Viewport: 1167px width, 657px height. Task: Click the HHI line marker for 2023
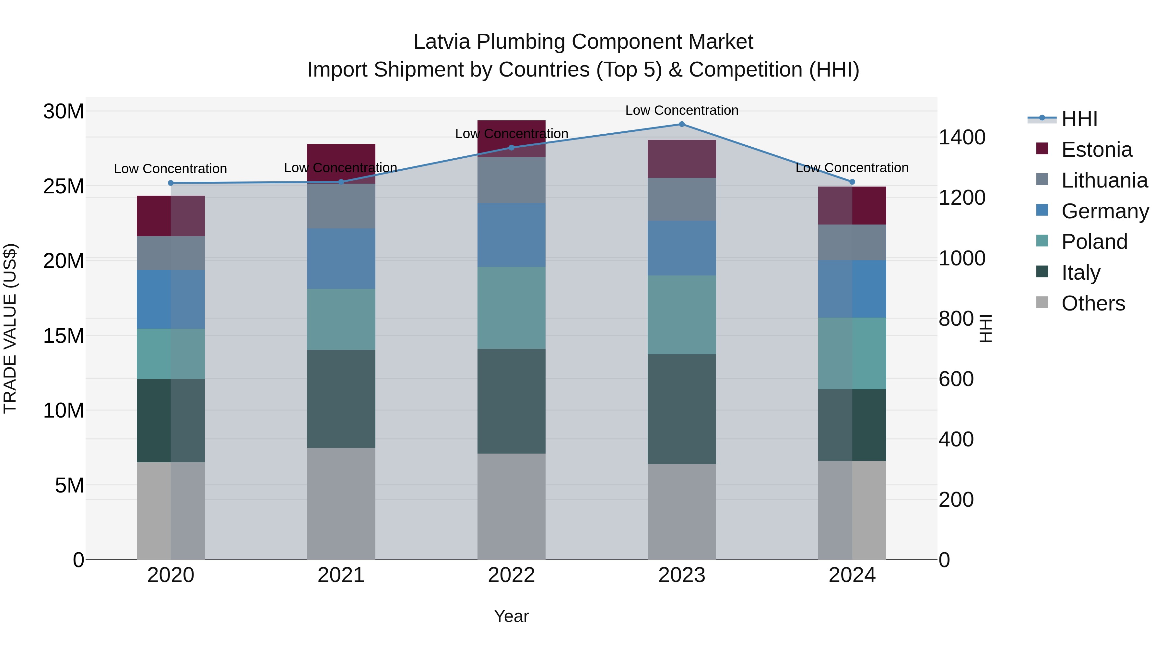[681, 124]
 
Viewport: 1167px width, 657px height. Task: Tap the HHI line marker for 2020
[171, 183]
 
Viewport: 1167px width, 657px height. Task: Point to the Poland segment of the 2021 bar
[341, 319]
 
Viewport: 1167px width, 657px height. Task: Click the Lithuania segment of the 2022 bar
[512, 180]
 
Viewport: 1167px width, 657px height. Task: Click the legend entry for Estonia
[1096, 150]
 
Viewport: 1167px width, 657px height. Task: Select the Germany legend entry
[1104, 211]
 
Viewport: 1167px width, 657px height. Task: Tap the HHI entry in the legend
[1079, 119]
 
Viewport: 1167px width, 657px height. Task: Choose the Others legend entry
[1093, 303]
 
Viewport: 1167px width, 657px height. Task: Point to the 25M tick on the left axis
[64, 186]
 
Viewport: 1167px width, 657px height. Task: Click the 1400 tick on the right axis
[962, 137]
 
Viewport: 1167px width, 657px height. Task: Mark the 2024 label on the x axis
[852, 575]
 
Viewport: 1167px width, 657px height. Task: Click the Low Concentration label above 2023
[681, 110]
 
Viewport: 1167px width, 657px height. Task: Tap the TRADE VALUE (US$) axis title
[10, 328]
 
